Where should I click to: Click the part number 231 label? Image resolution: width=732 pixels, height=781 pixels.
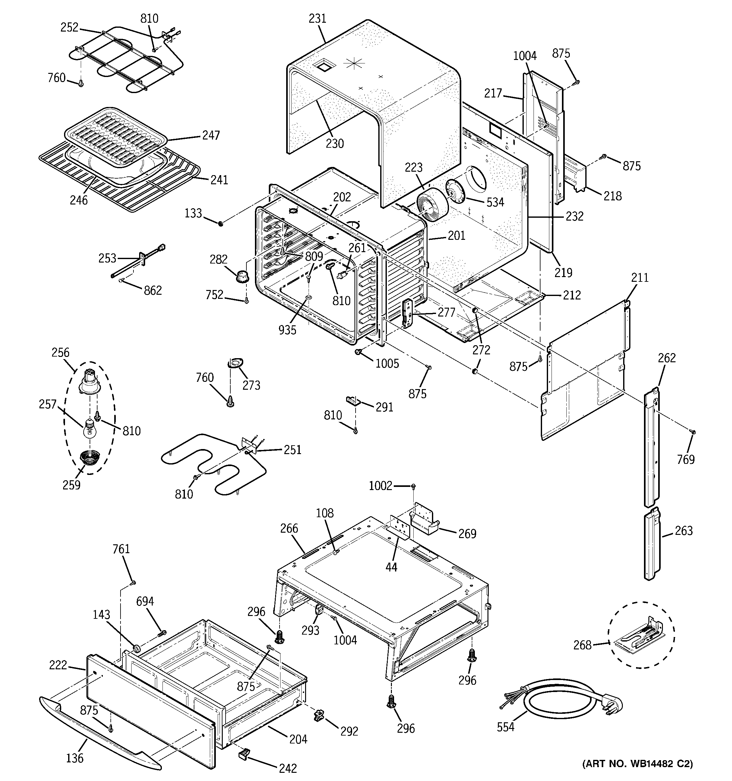317,19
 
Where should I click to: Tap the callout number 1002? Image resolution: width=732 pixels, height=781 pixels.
380,486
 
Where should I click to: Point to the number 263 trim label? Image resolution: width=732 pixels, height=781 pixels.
683,531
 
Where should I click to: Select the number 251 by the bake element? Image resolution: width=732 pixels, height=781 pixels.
292,450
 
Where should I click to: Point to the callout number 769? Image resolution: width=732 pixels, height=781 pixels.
686,459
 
